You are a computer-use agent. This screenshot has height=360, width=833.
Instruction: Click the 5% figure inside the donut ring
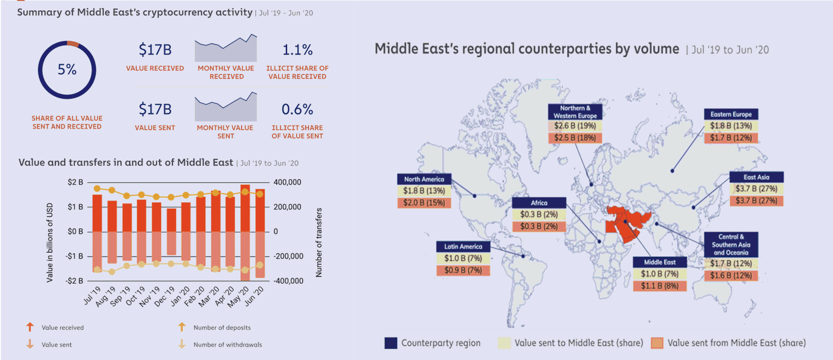(x=67, y=70)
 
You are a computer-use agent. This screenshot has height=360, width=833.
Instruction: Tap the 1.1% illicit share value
(x=297, y=50)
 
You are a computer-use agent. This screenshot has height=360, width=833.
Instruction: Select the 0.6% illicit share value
(x=297, y=109)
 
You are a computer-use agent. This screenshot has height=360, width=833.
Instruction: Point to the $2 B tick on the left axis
(x=75, y=182)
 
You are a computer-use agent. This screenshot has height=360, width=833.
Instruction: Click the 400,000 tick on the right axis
(x=287, y=182)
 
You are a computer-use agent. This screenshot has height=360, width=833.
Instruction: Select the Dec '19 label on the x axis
(x=164, y=296)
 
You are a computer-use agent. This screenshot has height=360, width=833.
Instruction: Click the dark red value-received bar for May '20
(x=245, y=208)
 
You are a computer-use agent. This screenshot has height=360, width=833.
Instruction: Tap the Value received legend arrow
(x=30, y=327)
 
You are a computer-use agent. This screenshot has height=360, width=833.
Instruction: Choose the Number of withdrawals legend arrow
(x=182, y=344)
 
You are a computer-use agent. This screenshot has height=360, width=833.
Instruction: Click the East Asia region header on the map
(x=756, y=177)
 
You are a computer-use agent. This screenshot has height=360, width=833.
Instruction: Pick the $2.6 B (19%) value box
(x=575, y=126)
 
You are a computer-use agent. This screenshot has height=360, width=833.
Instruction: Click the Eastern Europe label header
(x=731, y=114)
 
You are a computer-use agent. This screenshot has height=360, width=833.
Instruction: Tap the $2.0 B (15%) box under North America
(x=424, y=203)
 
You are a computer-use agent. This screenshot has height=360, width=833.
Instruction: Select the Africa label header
(x=539, y=203)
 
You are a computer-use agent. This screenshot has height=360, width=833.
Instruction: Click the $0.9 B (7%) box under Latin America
(x=463, y=270)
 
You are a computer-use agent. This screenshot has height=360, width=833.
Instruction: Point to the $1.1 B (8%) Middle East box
(x=659, y=285)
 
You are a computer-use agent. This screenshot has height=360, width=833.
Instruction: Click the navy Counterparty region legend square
(x=391, y=343)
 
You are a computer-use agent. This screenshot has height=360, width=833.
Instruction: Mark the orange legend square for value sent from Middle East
(x=657, y=343)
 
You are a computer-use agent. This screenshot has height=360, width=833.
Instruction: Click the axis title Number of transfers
(x=319, y=242)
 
